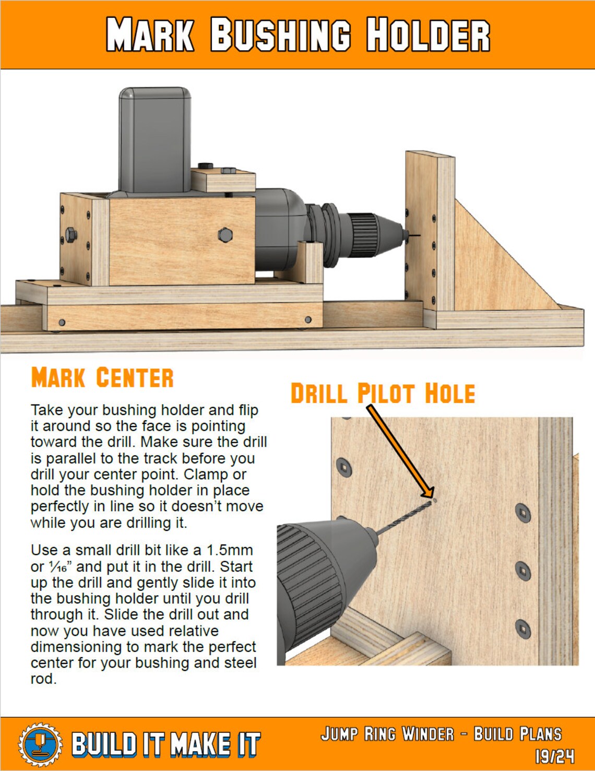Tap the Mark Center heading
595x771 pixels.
pos(102,378)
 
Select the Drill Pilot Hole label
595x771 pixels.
pos(382,394)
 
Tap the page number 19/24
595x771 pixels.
pos(554,756)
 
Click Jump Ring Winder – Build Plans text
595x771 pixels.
pos(441,734)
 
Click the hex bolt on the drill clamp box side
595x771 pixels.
pos(225,235)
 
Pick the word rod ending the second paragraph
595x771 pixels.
pos(43,679)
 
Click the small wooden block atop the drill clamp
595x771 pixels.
pos(223,179)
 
